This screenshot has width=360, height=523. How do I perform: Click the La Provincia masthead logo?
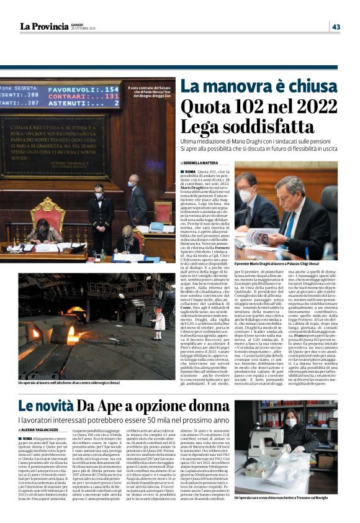(44, 26)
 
